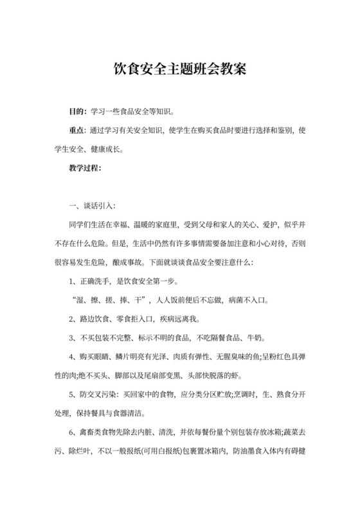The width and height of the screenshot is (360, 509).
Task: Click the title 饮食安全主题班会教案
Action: tap(180, 67)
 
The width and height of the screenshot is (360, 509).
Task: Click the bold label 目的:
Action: tap(77, 111)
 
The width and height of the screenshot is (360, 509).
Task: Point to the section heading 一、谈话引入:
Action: tap(91, 206)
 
